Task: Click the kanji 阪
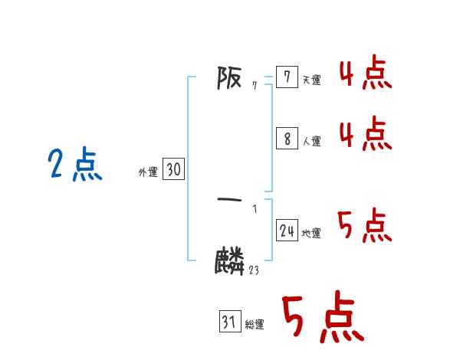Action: [x=229, y=78]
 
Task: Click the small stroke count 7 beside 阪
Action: [x=254, y=85]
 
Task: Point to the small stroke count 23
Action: [x=254, y=270]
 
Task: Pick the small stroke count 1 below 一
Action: [x=255, y=208]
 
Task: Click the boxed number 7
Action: [x=287, y=77]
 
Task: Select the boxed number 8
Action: [x=287, y=139]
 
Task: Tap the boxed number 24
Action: [x=287, y=231]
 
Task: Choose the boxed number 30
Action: [x=173, y=169]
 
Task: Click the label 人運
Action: [x=311, y=142]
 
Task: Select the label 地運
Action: [x=311, y=234]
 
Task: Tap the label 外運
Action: [x=148, y=172]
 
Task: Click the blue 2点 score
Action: [x=74, y=165]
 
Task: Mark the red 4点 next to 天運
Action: [x=365, y=74]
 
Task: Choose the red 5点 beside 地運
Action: [x=365, y=225]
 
